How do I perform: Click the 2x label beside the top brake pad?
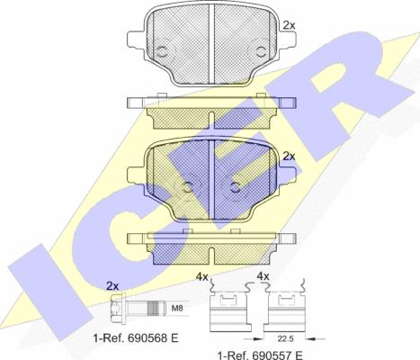click(x=289, y=27)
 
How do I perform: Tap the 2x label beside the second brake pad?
click(x=289, y=156)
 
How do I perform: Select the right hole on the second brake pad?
click(x=235, y=186)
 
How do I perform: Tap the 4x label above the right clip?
click(x=264, y=275)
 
